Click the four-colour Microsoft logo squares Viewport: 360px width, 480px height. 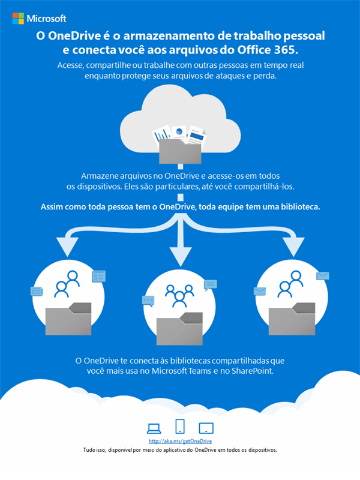pyautogui.click(x=19, y=19)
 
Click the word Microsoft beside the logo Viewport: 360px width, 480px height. pyautogui.click(x=47, y=19)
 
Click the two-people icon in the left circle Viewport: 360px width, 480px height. pyautogui.click(x=66, y=285)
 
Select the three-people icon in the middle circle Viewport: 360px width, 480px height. pyautogui.click(x=179, y=295)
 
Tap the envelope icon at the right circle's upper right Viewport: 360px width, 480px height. pyautogui.click(x=323, y=275)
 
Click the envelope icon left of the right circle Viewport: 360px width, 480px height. pyautogui.click(x=260, y=292)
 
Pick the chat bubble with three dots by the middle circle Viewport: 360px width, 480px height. pyautogui.click(x=148, y=300)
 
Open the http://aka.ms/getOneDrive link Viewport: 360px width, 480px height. pyautogui.click(x=180, y=441)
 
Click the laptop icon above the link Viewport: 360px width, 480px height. pyautogui.click(x=154, y=428)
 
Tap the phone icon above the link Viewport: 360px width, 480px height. pyautogui.click(x=180, y=426)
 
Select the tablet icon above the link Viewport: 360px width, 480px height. pyautogui.click(x=206, y=428)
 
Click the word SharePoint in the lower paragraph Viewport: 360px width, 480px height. pyautogui.click(x=251, y=371)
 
